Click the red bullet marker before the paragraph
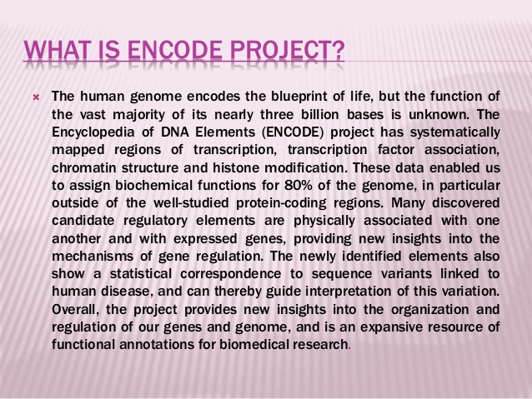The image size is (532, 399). click(34, 97)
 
